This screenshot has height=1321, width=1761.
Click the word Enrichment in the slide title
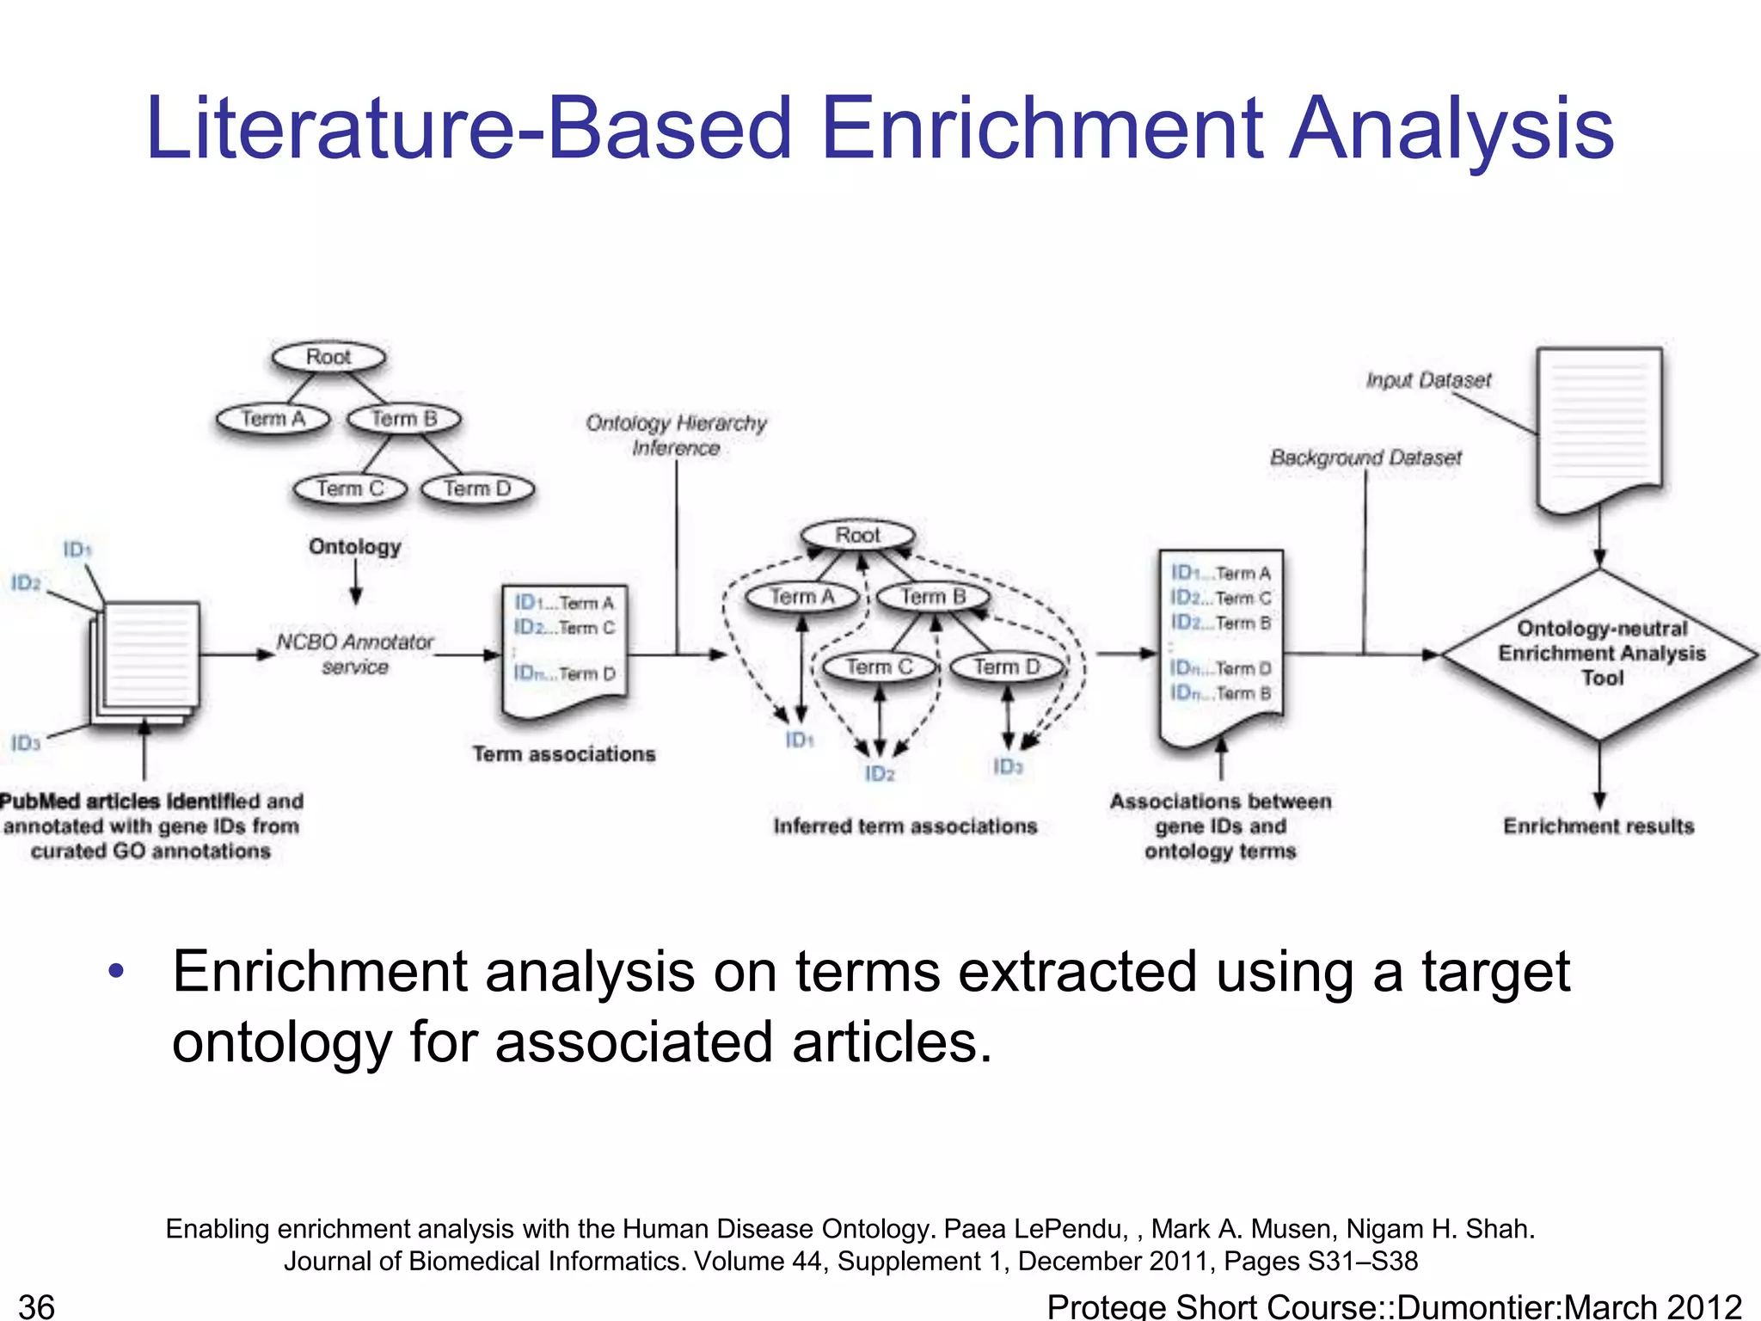click(1040, 129)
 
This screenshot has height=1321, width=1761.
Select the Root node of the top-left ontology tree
click(328, 357)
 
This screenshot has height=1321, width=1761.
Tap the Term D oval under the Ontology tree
click(478, 489)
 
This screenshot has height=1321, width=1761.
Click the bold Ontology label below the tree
click(355, 547)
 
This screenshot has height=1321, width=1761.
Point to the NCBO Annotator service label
click(355, 654)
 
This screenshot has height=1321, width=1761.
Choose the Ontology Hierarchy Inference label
click(676, 435)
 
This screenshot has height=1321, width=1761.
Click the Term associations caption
click(564, 754)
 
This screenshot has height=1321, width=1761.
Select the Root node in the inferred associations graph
click(857, 536)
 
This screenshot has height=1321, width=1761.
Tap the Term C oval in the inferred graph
click(879, 667)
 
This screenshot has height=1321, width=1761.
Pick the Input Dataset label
click(1428, 380)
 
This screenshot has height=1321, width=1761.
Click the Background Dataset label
click(1365, 458)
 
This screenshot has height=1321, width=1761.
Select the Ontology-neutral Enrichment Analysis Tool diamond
click(1600, 654)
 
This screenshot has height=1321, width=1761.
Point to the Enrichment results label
click(1598, 826)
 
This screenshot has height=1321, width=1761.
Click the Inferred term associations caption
click(905, 826)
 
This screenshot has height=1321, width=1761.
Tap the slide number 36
click(37, 1306)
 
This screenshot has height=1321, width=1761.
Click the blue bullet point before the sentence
click(117, 972)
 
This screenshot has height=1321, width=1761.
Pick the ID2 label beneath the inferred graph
click(880, 774)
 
